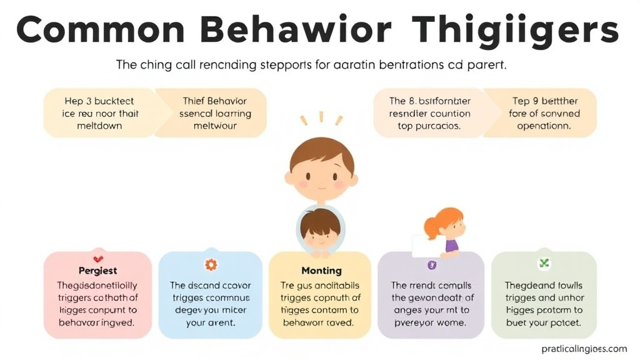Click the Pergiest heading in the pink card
(x=97, y=271)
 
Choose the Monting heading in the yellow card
(x=321, y=271)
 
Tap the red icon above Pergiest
(x=97, y=258)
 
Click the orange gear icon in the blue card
(x=210, y=265)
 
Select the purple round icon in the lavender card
(x=431, y=265)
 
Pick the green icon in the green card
(x=544, y=264)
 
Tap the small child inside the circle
(x=320, y=230)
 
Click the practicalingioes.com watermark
(x=576, y=349)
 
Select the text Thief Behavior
(x=214, y=101)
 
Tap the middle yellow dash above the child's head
(x=321, y=116)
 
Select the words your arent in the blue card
(x=210, y=323)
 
